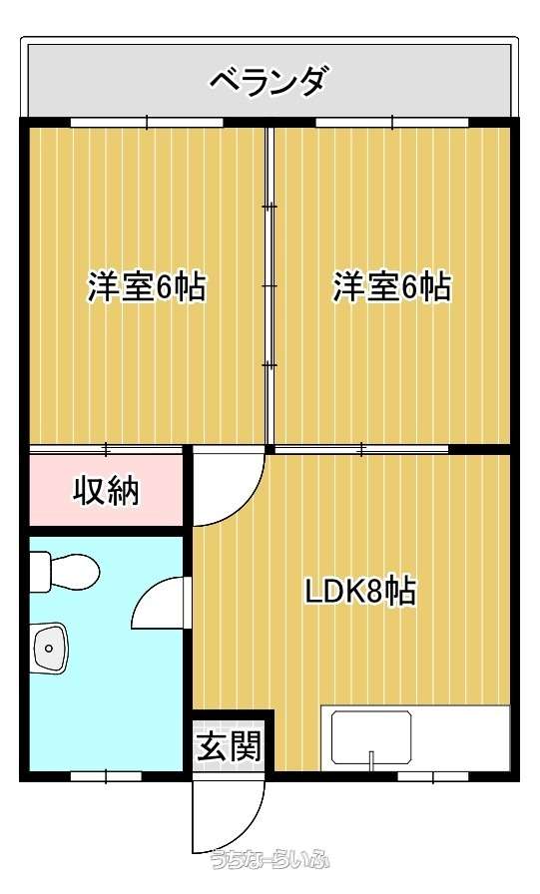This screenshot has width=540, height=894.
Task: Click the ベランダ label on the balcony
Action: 270,82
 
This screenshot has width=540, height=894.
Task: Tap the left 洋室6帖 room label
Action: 147,286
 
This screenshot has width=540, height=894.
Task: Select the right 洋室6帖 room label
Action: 392,286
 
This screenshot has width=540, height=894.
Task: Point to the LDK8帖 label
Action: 360,591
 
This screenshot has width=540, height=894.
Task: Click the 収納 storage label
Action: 107,490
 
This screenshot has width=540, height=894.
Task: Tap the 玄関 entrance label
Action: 230,745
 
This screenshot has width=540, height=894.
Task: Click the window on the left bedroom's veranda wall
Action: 147,122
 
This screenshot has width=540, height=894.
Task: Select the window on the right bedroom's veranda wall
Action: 392,122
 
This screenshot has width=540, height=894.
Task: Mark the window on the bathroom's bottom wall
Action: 106,776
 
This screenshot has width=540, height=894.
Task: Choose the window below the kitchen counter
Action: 433,776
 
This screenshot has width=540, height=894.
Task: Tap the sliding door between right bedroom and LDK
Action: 361,450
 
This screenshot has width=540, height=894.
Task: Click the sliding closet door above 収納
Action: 106,450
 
